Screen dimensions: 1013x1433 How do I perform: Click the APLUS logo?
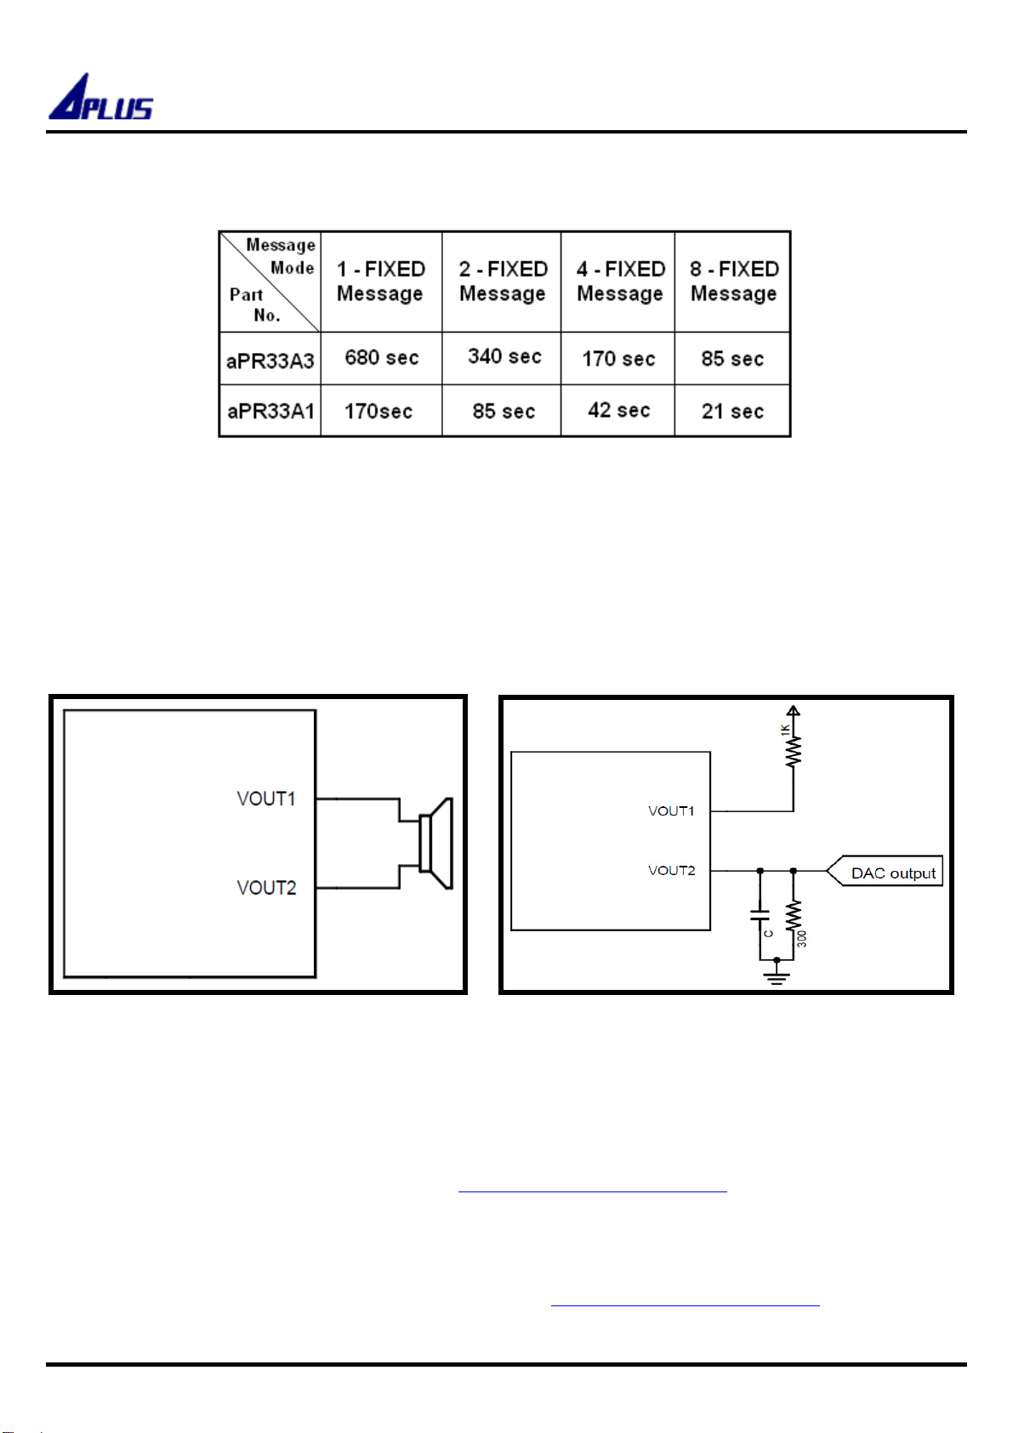tap(100, 97)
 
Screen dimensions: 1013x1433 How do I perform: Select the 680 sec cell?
tap(381, 357)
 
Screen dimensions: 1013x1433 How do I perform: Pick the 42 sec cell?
tap(618, 410)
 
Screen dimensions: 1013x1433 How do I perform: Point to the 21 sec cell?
tap(732, 411)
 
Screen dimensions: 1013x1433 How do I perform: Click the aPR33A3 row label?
tap(270, 361)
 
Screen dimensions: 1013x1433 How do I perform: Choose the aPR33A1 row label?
tap(270, 411)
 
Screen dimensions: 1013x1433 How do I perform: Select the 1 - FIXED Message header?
tap(381, 281)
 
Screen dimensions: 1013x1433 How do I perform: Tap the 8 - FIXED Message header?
tap(733, 281)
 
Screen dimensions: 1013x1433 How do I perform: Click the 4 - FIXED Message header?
tap(620, 281)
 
